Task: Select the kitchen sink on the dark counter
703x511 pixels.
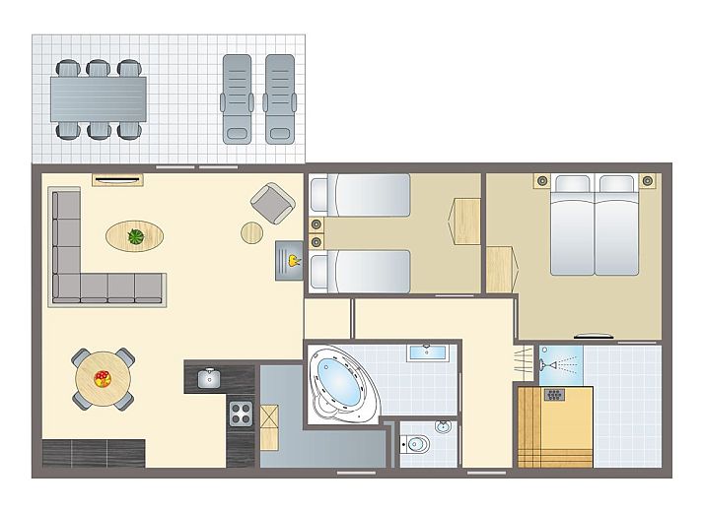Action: coord(208,378)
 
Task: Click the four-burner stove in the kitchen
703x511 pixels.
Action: coord(242,414)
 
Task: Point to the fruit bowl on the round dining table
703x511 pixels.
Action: coord(103,378)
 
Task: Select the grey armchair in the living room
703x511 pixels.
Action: coord(272,204)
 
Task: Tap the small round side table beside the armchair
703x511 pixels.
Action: coord(252,232)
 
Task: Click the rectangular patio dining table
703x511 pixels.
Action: coord(99,98)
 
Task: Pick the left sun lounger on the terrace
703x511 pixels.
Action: coord(238,98)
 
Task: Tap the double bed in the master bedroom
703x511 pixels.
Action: coord(595,226)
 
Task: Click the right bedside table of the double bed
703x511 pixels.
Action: coord(648,180)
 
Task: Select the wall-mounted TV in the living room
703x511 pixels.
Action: coord(118,178)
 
